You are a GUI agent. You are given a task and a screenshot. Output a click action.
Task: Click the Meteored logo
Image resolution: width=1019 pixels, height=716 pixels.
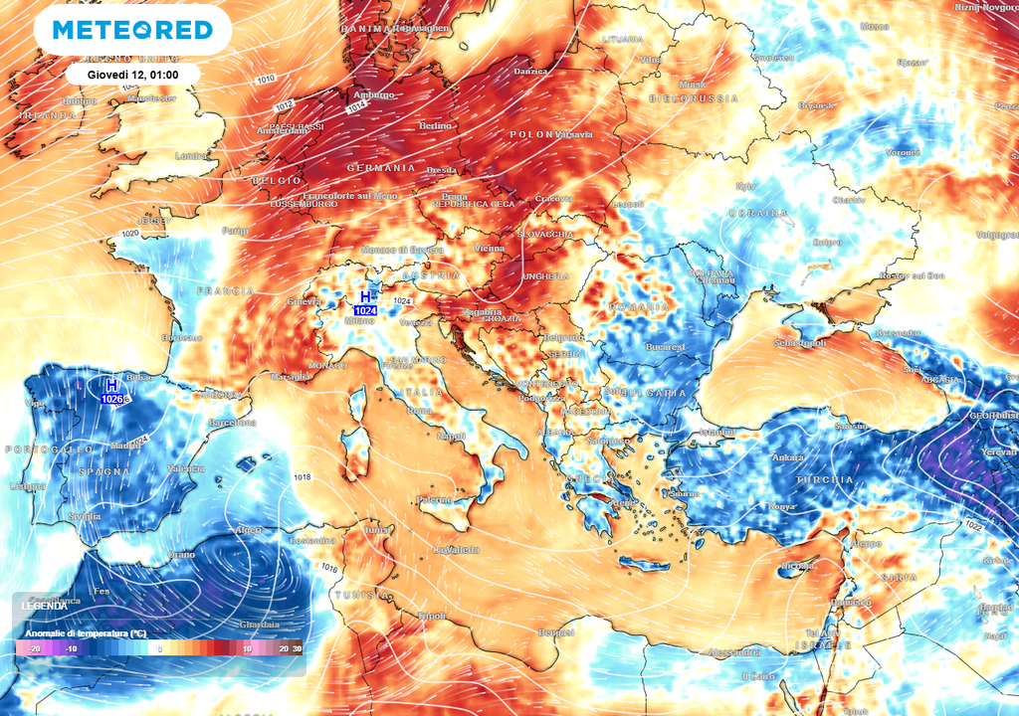click(x=132, y=30)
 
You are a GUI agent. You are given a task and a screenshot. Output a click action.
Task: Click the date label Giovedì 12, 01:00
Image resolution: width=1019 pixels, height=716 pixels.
click(x=132, y=75)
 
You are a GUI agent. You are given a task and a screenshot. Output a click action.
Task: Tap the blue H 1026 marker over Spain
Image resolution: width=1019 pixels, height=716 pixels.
click(x=111, y=392)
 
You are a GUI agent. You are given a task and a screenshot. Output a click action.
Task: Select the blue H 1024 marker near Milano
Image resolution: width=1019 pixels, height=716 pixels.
click(x=366, y=303)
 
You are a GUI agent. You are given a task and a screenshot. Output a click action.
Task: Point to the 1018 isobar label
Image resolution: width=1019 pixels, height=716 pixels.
click(x=304, y=478)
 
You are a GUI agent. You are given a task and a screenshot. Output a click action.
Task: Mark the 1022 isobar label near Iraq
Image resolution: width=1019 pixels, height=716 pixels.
click(x=972, y=525)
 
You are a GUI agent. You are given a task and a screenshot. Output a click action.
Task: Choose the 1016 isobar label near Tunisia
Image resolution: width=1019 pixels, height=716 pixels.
click(x=329, y=568)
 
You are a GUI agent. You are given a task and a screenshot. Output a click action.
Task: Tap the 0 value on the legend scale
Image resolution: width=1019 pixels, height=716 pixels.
click(x=160, y=648)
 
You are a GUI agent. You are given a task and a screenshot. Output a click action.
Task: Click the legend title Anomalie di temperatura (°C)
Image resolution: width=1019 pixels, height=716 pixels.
click(x=86, y=633)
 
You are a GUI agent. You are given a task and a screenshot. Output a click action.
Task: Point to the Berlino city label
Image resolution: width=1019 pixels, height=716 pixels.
click(x=436, y=126)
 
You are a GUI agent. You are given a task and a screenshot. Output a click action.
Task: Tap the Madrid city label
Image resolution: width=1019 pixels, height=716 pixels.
click(x=125, y=445)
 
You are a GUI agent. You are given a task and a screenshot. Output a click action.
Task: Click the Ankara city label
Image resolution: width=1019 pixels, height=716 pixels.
click(x=788, y=457)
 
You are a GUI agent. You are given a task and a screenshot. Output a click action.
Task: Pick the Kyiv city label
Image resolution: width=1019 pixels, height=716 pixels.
click(x=745, y=186)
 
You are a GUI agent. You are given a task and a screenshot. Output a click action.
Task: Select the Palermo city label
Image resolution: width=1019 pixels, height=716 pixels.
click(x=435, y=499)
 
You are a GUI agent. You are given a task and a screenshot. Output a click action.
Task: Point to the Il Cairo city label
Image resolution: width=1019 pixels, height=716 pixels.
click(x=758, y=676)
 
